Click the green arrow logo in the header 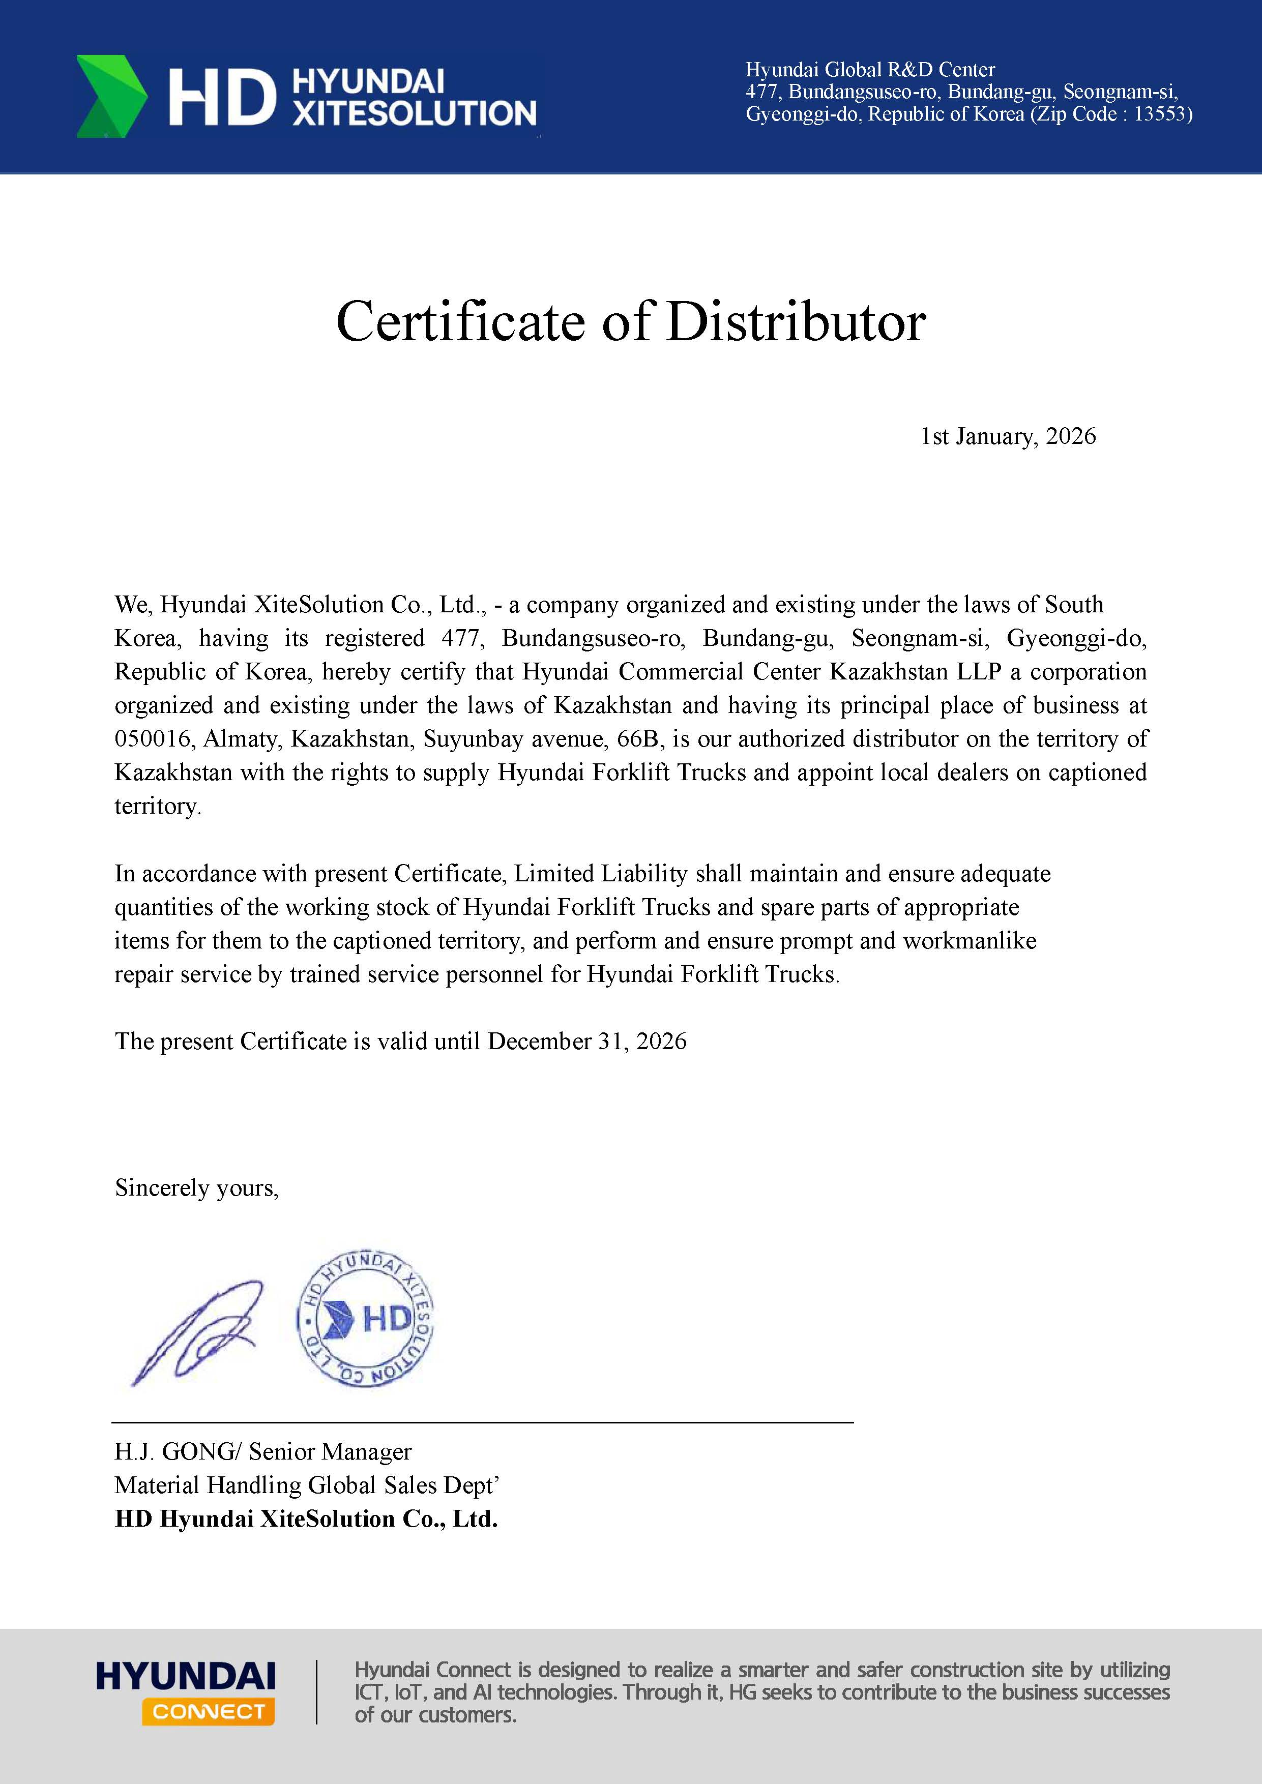(111, 96)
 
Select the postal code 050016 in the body (152, 739)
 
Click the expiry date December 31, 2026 (586, 1041)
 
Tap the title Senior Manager (330, 1451)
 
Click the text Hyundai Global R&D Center (870, 70)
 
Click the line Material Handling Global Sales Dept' (306, 1485)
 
